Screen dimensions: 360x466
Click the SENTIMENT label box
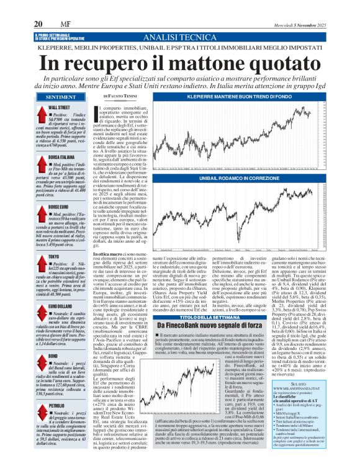(61, 97)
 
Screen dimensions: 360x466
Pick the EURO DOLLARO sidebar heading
(60, 305)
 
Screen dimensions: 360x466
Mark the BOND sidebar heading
(53, 354)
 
